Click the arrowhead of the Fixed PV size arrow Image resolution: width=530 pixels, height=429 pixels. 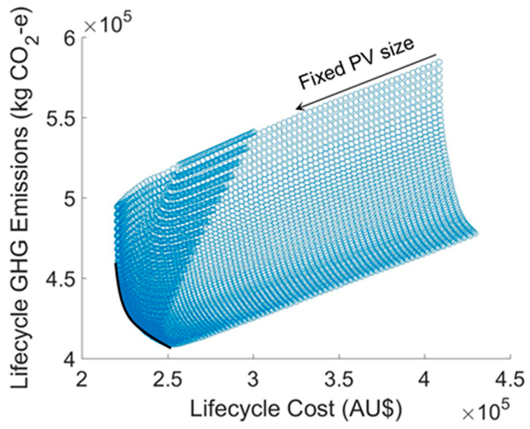298,107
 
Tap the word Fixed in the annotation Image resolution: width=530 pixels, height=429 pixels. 319,75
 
